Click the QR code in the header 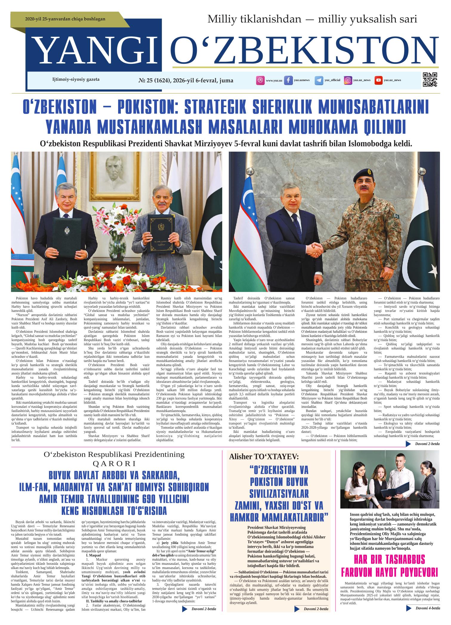[x=430, y=80]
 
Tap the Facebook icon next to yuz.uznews [x=288, y=80]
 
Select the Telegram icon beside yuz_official [x=319, y=80]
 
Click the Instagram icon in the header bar [x=348, y=80]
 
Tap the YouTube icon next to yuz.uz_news [x=379, y=80]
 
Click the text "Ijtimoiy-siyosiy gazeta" [x=76, y=80]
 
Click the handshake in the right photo [x=315, y=249]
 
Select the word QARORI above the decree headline [x=115, y=464]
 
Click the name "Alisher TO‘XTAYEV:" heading [x=264, y=457]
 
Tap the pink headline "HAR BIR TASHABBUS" [x=390, y=559]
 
